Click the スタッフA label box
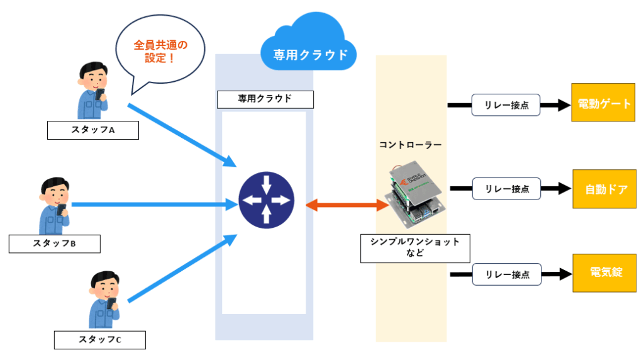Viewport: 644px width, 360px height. pos(92,130)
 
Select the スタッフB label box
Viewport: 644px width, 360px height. pos(55,244)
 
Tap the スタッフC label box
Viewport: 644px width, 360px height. pos(99,340)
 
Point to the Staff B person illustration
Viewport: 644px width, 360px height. pos(55,206)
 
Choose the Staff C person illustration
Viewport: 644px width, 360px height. pos(104,300)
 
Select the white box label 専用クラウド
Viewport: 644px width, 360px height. pos(264,99)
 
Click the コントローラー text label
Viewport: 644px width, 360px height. pos(410,145)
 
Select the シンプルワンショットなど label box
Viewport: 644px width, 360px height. pos(415,248)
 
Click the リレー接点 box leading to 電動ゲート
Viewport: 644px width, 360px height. pos(506,105)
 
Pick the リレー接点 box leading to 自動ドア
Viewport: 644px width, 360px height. pos(506,188)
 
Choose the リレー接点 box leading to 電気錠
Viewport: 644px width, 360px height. pos(506,274)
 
